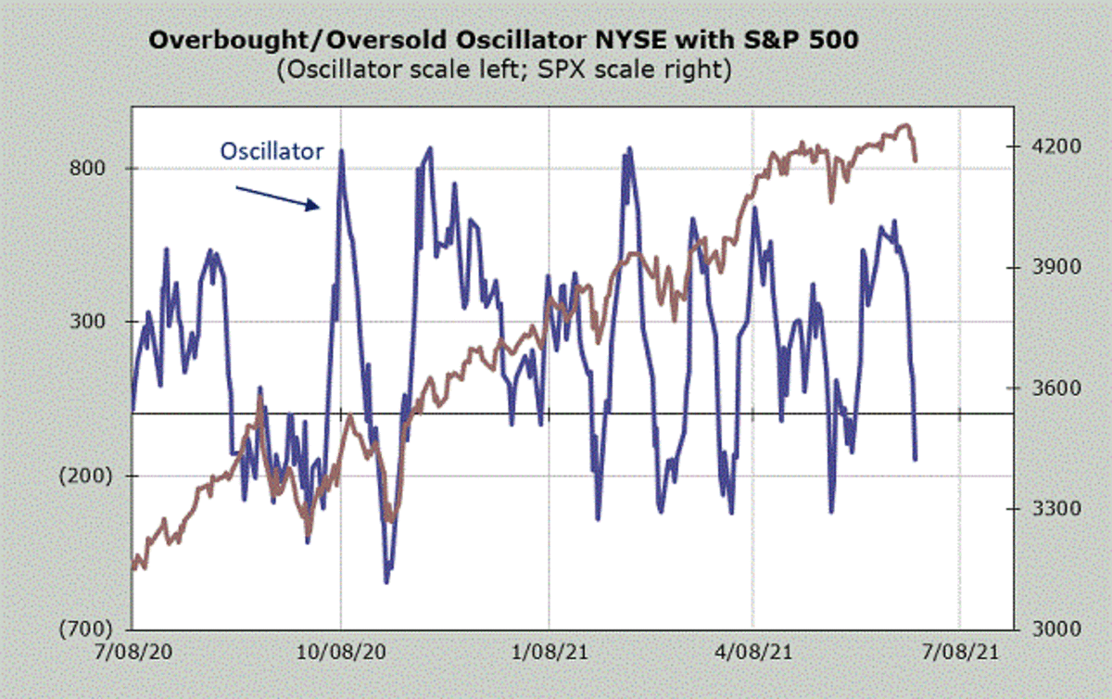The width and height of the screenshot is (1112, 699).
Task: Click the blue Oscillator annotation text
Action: [272, 150]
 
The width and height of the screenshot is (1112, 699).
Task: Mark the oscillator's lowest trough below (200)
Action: [386, 581]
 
